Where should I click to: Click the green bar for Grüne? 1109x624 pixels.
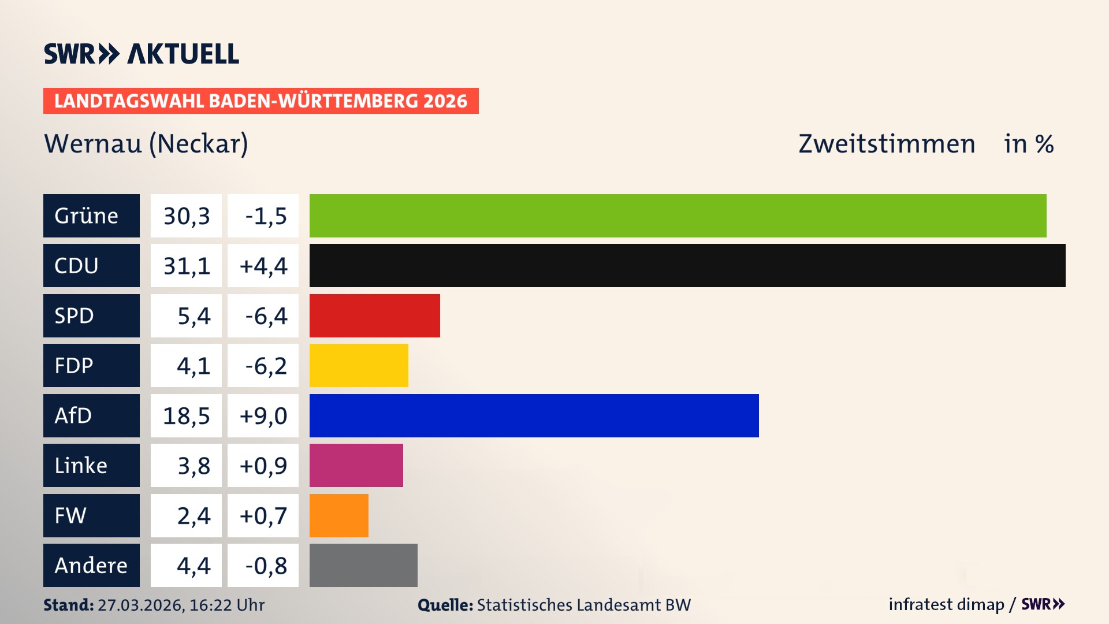click(x=678, y=216)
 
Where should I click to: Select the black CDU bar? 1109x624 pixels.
click(x=687, y=265)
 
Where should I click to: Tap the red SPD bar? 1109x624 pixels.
click(x=374, y=315)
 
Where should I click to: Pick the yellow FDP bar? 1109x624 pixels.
click(x=359, y=365)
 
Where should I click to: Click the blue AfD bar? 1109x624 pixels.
click(x=534, y=415)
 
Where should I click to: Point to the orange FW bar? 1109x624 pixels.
click(x=338, y=515)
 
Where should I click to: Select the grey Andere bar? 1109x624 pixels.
click(x=363, y=565)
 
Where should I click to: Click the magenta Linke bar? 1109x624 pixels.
click(x=356, y=465)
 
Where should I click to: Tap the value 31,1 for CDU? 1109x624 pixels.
click(x=187, y=266)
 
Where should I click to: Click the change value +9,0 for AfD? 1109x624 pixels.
click(x=263, y=416)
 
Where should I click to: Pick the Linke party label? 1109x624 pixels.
click(x=81, y=466)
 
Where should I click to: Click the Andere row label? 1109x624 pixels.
click(x=91, y=565)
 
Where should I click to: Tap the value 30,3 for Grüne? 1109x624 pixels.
click(x=187, y=216)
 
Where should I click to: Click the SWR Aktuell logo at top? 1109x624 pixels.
click(x=142, y=54)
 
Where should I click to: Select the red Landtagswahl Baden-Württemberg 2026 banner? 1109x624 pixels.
click(x=260, y=101)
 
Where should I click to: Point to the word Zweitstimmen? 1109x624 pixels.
click(x=887, y=144)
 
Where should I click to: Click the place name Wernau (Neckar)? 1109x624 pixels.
click(x=146, y=144)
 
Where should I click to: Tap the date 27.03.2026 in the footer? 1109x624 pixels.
click(x=140, y=605)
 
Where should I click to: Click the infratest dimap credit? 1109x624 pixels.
click(x=946, y=604)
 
